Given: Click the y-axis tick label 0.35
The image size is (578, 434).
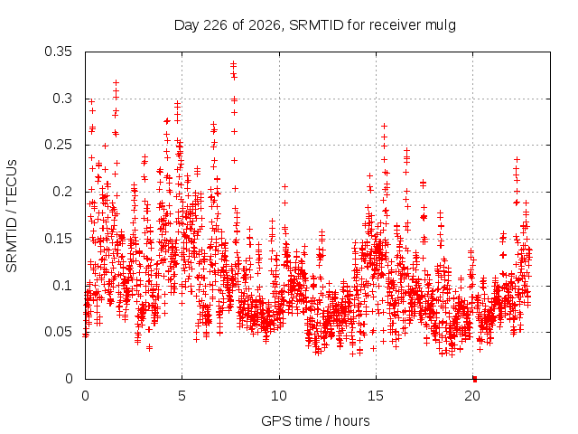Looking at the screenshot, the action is (58, 52).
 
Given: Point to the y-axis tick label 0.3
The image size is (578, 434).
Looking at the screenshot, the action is (62, 99).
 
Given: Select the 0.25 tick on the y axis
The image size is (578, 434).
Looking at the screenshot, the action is (58, 145).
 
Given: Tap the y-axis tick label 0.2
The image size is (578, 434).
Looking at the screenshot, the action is (62, 192).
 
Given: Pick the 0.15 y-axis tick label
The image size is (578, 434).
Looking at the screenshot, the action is (58, 239).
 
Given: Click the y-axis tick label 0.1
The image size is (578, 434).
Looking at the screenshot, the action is (62, 286).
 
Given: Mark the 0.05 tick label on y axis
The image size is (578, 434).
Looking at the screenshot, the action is (58, 332).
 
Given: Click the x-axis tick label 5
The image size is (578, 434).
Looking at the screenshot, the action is (182, 396).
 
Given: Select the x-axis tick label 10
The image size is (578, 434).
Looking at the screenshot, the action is (279, 396).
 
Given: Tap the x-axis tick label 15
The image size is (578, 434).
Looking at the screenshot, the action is (376, 396).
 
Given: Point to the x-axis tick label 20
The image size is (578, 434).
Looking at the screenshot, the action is (472, 396).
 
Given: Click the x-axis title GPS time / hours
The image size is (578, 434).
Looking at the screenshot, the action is (315, 421).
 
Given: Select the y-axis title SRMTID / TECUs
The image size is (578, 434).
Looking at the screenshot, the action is (12, 216).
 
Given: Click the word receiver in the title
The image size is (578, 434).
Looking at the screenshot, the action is (395, 25).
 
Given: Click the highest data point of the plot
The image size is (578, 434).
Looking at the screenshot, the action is (233, 64).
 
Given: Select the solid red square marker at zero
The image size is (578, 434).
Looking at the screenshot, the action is (475, 379).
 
